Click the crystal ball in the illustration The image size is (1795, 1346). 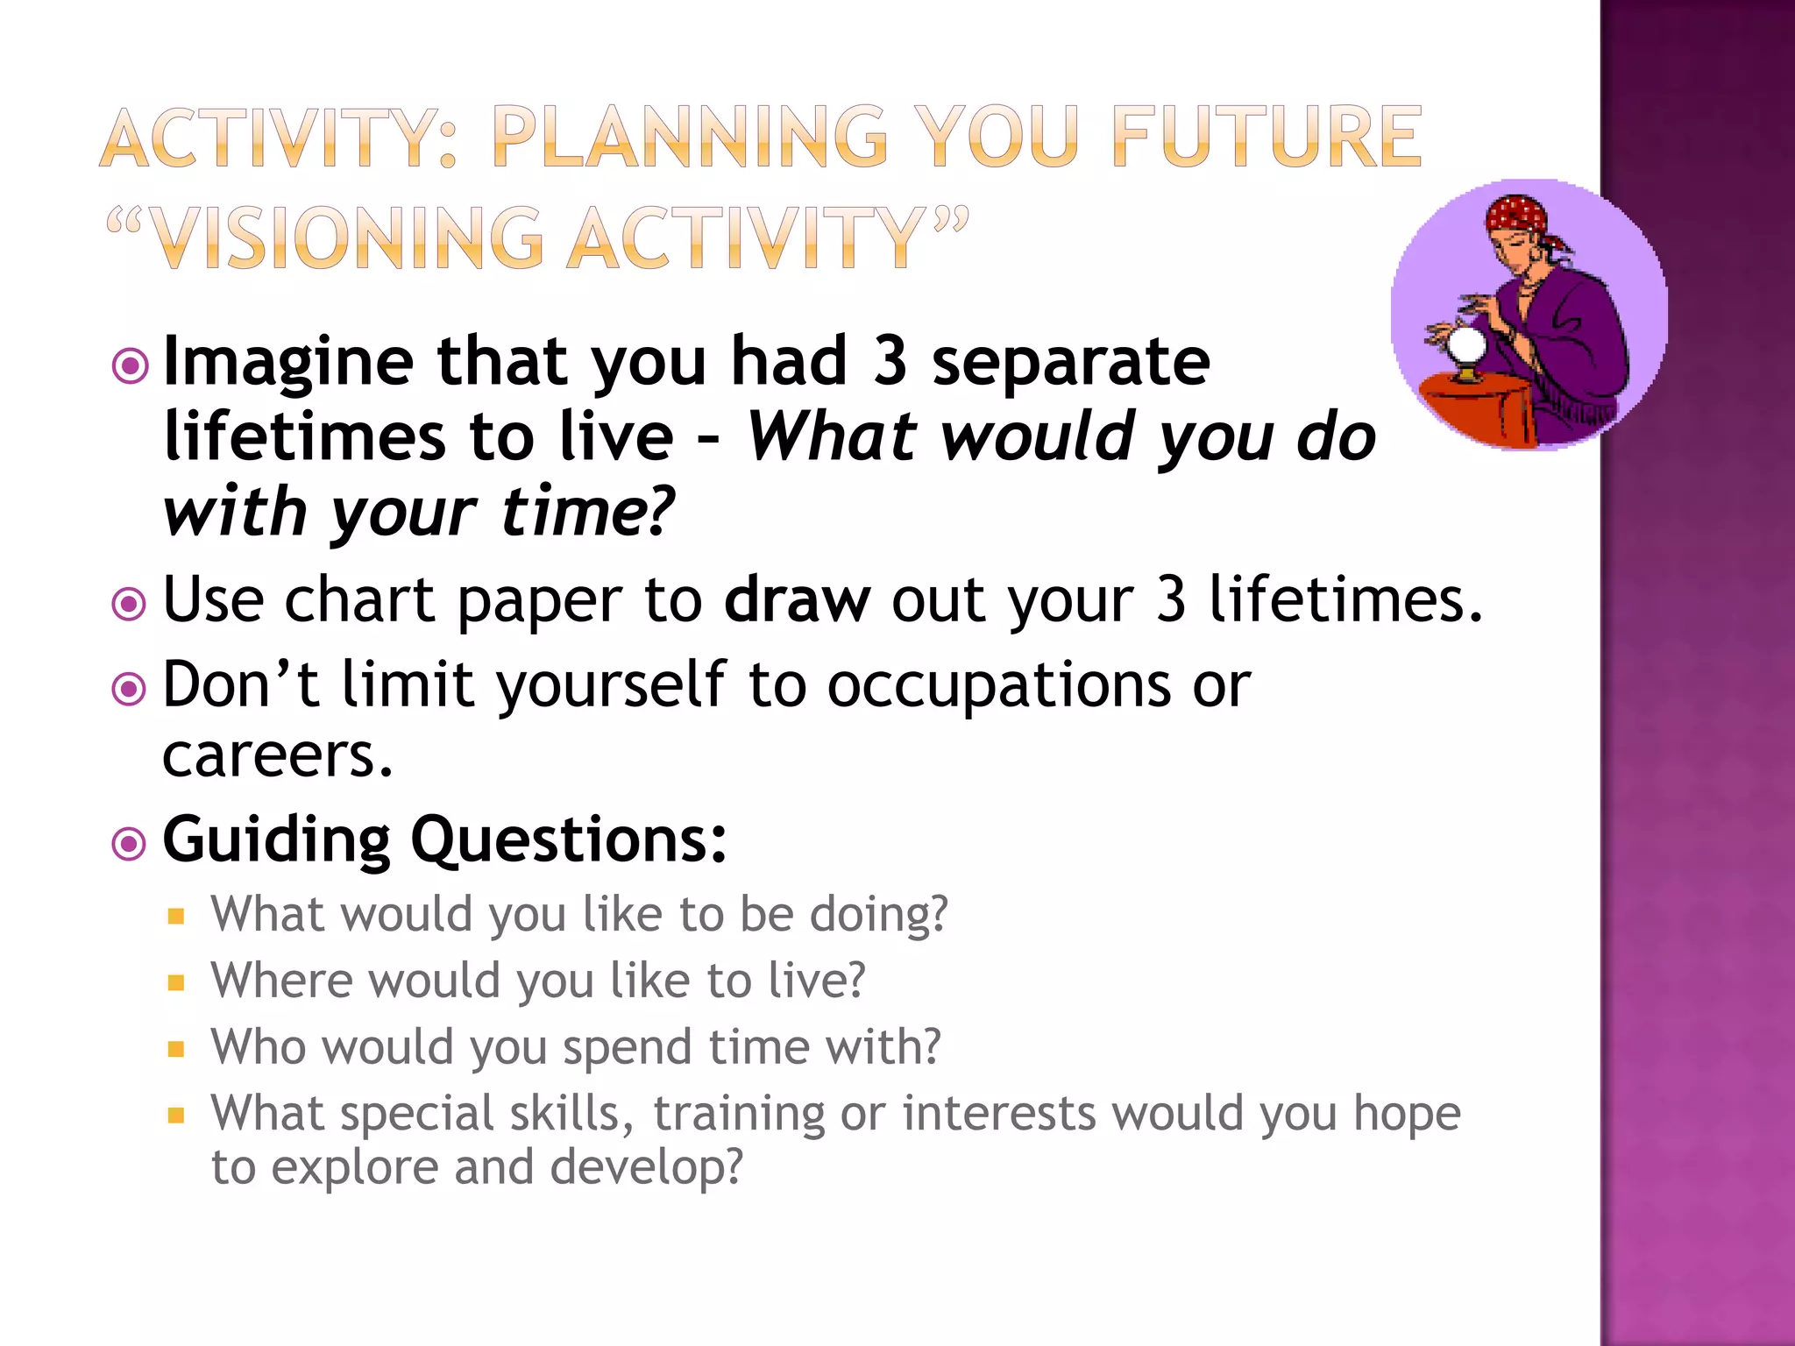point(1465,346)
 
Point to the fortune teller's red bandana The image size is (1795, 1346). point(1515,216)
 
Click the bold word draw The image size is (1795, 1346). point(797,600)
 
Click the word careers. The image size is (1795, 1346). point(276,755)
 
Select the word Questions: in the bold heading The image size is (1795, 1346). point(568,839)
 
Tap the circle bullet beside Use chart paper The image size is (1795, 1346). point(130,605)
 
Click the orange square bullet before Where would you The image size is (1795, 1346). point(176,983)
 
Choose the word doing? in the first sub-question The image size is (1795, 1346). point(878,914)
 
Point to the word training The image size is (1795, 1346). point(737,1113)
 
